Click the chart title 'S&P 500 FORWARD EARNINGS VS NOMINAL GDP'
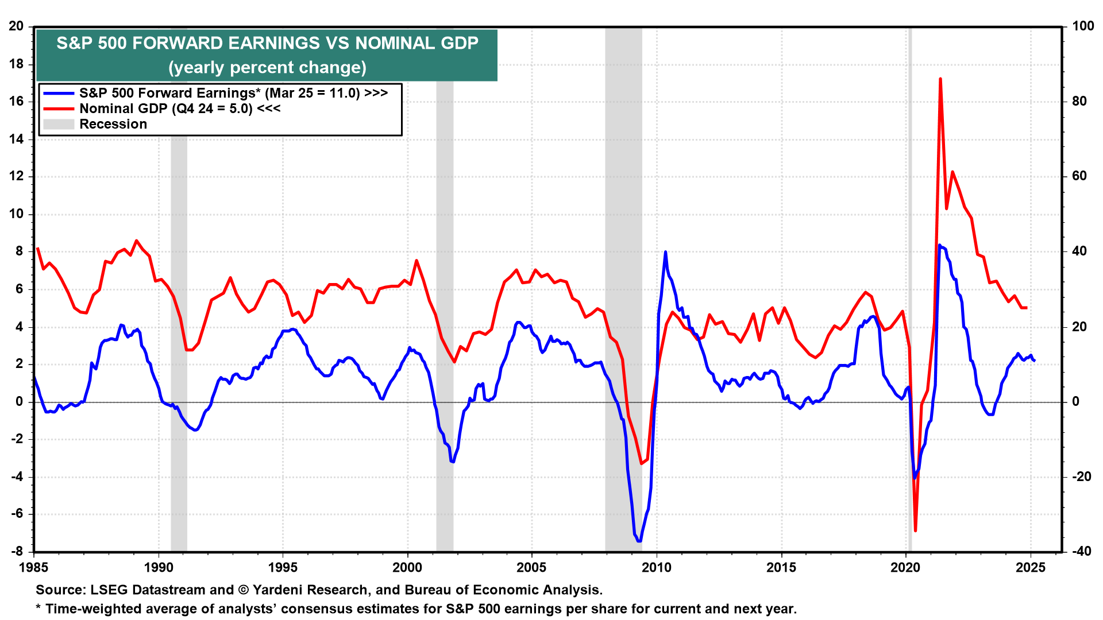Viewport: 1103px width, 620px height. [267, 44]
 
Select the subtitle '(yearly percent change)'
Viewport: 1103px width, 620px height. [267, 68]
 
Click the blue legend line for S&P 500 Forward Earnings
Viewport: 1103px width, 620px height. [59, 94]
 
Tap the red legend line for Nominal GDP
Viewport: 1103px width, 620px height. [59, 109]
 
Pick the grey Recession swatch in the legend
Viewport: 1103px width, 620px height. [59, 125]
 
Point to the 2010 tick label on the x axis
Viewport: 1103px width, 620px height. [656, 568]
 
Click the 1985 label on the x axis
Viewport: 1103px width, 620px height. [34, 568]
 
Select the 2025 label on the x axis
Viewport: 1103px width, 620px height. [1030, 568]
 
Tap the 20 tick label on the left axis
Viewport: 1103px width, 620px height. [17, 26]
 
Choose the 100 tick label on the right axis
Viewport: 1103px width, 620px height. [1083, 26]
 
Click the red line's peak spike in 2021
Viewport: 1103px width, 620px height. [940, 79]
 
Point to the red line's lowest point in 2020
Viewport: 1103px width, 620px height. [915, 530]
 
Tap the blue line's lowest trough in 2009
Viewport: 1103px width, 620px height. [639, 541]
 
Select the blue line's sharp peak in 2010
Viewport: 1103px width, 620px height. [665, 252]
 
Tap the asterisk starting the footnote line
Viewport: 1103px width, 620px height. [38, 609]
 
